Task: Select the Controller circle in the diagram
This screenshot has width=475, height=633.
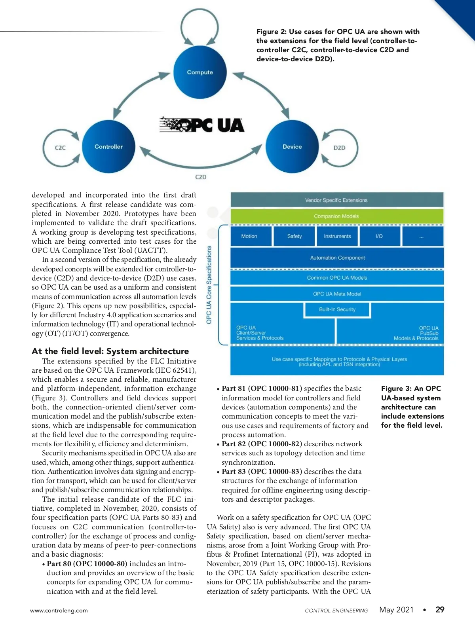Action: point(108,147)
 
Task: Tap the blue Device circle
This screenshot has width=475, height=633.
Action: point(292,147)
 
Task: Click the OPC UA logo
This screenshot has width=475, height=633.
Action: point(202,125)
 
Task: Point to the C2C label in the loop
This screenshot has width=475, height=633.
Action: point(60,148)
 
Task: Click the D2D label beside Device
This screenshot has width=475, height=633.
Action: point(339,148)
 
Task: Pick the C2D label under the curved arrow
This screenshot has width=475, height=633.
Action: point(201,177)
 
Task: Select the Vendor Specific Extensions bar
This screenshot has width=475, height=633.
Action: point(336,200)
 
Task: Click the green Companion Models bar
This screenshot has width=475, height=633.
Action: point(336,216)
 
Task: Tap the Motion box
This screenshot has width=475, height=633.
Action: point(249,236)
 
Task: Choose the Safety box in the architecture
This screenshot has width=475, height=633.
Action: point(294,236)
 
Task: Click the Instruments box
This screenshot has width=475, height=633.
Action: point(337,236)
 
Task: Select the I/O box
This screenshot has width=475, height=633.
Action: point(379,236)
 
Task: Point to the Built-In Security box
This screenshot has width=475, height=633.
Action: point(337,309)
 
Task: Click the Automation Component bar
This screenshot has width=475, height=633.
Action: point(337,258)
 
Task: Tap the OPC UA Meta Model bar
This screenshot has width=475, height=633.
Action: point(337,294)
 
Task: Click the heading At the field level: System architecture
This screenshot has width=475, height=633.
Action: point(110,351)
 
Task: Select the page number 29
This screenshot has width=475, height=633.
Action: point(440,610)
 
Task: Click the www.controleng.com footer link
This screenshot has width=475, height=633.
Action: point(59,610)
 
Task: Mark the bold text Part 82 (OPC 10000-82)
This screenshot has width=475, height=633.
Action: point(262,444)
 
